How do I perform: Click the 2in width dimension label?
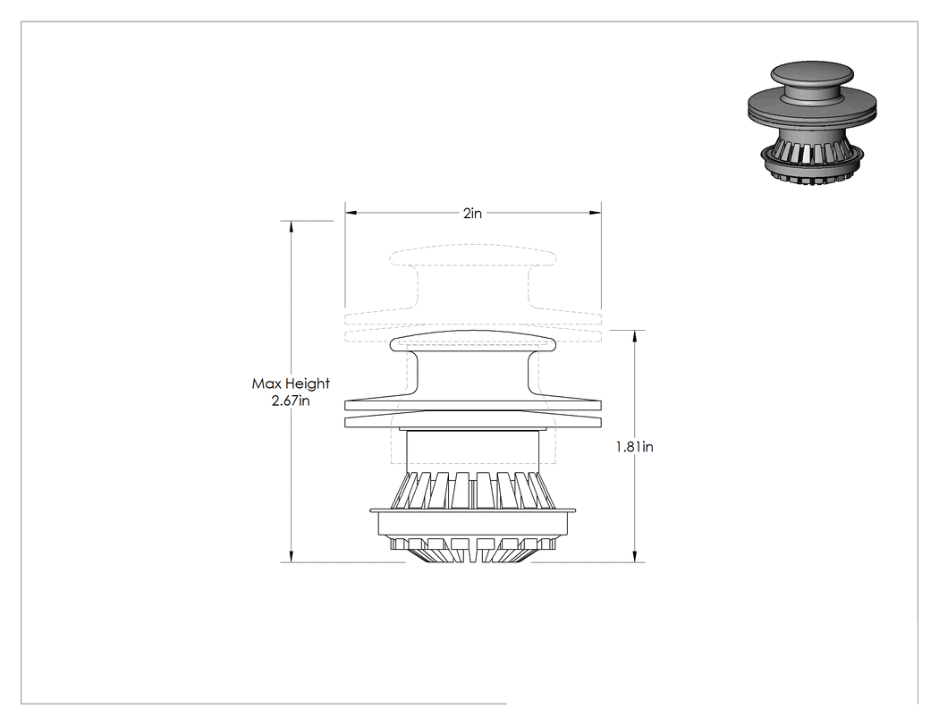[472, 213]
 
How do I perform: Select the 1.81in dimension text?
[635, 447]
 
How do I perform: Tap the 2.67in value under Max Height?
[291, 400]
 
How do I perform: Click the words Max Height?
[291, 384]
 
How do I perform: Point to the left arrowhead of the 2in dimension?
[351, 213]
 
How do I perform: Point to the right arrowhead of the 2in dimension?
[596, 213]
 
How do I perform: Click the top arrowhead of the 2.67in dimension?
[291, 227]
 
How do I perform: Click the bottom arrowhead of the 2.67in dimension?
[291, 556]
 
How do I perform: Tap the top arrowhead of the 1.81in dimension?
[635, 336]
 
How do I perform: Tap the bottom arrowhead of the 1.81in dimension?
[635, 556]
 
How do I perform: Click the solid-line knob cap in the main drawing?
[473, 341]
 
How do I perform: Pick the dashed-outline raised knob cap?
[473, 256]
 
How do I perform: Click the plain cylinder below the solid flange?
[473, 451]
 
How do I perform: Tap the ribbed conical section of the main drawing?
[473, 491]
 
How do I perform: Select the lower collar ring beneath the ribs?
[473, 523]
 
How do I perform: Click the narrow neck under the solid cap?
[473, 375]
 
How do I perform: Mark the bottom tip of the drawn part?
[473, 562]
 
